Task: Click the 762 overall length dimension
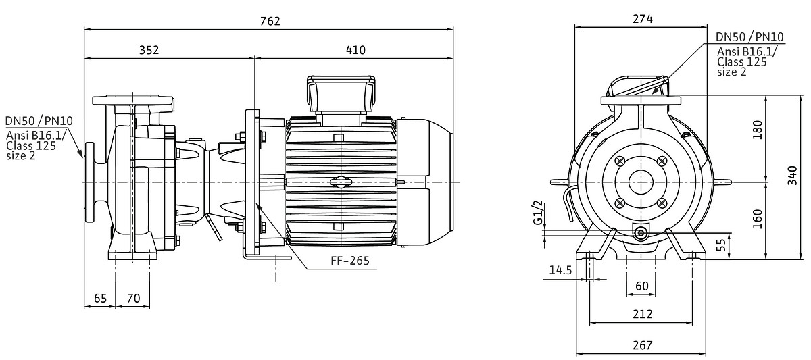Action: click(x=270, y=21)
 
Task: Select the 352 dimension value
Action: click(x=149, y=50)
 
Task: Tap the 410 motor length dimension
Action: click(x=355, y=50)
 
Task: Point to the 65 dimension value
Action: click(x=100, y=298)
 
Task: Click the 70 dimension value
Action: click(x=133, y=298)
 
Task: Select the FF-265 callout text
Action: click(x=350, y=261)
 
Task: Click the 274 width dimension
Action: click(x=643, y=19)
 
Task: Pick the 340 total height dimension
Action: click(x=793, y=176)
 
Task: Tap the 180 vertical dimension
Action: click(x=757, y=130)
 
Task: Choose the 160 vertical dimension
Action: click(x=757, y=219)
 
